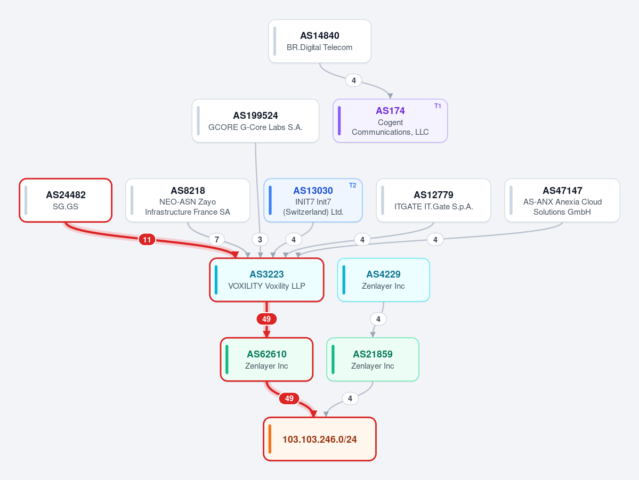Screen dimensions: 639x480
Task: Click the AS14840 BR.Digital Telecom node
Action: click(320, 41)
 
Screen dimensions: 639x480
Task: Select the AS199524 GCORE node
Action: click(255, 121)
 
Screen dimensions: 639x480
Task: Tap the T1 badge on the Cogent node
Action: click(438, 106)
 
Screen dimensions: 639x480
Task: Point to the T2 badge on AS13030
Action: click(352, 185)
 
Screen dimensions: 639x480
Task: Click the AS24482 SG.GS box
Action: click(66, 200)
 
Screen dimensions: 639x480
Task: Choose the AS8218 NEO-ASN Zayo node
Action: click(188, 200)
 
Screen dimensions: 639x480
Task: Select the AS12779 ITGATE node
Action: click(434, 200)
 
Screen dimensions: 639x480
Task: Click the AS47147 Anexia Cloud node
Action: click(562, 200)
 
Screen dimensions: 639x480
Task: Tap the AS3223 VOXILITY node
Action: click(267, 280)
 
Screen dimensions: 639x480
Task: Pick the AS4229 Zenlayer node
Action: click(384, 280)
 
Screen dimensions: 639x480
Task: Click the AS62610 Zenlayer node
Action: click(267, 360)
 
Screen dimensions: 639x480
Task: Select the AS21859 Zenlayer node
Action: click(373, 360)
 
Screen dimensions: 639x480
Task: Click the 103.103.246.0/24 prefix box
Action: click(320, 440)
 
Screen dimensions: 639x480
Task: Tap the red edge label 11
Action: click(147, 240)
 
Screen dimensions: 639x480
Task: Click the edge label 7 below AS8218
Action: click(217, 240)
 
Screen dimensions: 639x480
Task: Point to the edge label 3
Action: click(260, 240)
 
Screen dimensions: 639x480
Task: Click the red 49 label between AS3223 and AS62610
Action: click(266, 319)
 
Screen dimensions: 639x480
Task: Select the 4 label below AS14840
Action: click(354, 80)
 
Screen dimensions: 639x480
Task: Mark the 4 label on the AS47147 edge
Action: click(435, 240)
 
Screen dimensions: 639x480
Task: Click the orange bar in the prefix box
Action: click(270, 440)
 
